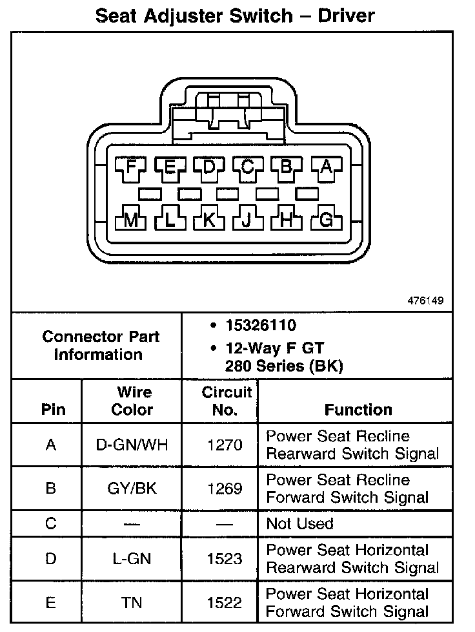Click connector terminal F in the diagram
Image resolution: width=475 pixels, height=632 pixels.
click(x=132, y=167)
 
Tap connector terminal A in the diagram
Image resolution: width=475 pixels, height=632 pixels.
click(x=326, y=167)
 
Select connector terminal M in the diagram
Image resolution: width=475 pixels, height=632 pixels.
click(x=132, y=220)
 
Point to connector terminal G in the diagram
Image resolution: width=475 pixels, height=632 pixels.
click(x=326, y=220)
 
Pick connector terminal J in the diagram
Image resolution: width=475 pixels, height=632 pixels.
click(x=248, y=220)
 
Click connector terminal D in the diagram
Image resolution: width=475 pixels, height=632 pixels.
click(x=209, y=167)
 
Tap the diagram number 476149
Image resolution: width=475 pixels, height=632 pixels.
click(x=425, y=300)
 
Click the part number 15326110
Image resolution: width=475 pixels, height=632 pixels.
click(x=261, y=325)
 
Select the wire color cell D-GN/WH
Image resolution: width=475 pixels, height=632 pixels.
click(x=132, y=445)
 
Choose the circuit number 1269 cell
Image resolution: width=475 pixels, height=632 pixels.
click(x=225, y=489)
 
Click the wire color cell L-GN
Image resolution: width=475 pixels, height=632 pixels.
click(x=132, y=558)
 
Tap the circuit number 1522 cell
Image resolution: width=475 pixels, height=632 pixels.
click(x=225, y=602)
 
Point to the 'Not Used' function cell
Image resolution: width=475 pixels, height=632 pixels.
click(x=299, y=523)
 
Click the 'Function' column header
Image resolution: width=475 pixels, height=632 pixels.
click(x=358, y=410)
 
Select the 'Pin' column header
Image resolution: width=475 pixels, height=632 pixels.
click(x=53, y=410)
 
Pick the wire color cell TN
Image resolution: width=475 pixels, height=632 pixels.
click(x=132, y=602)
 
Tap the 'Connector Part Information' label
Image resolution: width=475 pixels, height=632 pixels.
click(x=101, y=346)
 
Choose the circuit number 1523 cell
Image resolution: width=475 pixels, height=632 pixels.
click(x=225, y=558)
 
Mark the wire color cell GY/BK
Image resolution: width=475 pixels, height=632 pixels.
click(x=132, y=489)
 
